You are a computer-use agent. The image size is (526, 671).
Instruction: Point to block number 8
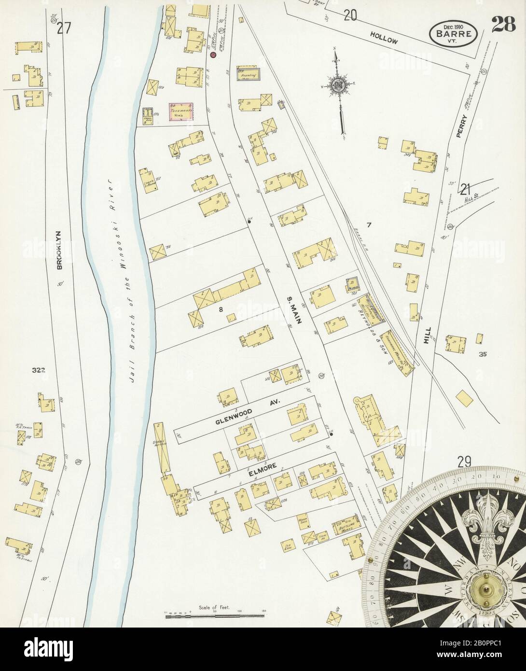(x=221, y=310)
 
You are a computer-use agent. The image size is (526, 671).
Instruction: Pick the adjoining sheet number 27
(x=63, y=28)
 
